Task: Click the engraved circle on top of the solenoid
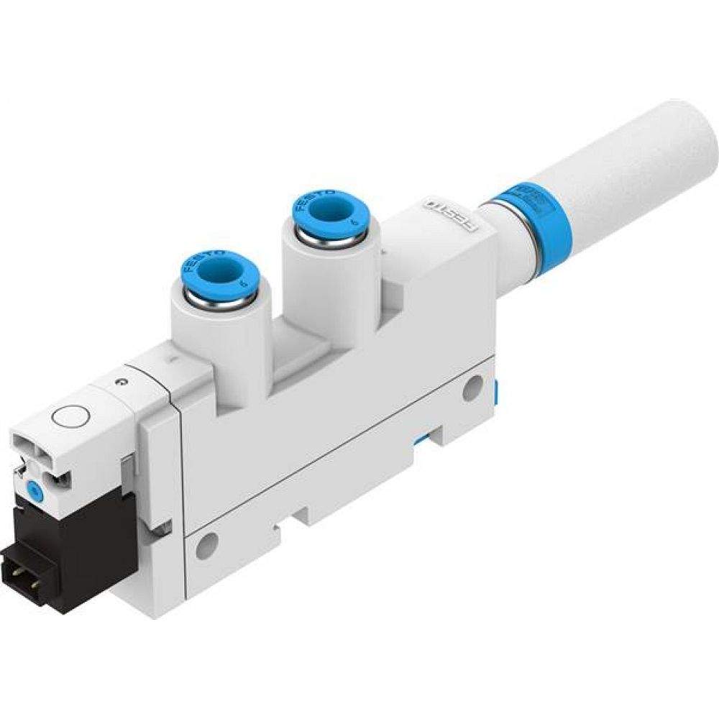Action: [70, 416]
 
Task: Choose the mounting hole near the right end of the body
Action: [472, 389]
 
